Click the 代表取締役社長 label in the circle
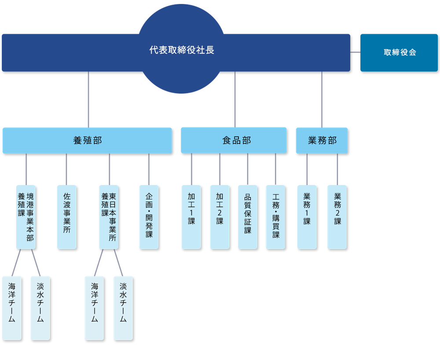[181, 50]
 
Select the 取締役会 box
[399, 53]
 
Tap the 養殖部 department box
[87, 140]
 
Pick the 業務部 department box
[322, 140]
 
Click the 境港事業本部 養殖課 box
[26, 217]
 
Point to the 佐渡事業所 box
[66, 217]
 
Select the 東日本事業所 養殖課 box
[109, 217]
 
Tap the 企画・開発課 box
[149, 217]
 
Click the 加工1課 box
[191, 217]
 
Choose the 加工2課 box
[220, 217]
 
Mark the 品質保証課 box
[248, 217]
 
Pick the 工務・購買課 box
[275, 217]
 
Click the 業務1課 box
[307, 217]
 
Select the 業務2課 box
[337, 217]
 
